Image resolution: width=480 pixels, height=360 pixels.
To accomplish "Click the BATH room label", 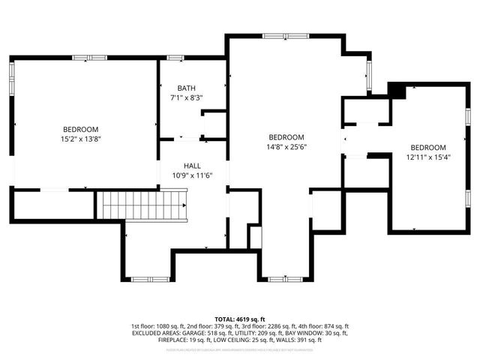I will point(187,88).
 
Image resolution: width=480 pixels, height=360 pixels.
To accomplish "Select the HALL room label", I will point(193,165).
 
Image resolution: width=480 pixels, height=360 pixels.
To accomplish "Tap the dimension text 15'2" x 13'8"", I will point(80,138).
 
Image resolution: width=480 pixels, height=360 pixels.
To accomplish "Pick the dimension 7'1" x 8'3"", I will point(187,97).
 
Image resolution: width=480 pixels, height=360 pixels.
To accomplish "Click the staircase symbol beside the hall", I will point(144,205).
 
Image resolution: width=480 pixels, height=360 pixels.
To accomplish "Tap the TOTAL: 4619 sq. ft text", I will point(240,319).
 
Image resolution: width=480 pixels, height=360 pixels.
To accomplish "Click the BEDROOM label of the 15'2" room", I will point(80,128).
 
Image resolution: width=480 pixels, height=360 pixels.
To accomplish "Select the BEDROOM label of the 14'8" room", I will point(286,137).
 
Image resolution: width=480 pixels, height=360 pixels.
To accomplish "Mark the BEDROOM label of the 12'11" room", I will point(427,148).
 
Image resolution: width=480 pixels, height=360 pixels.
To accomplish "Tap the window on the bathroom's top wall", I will point(175,58).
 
